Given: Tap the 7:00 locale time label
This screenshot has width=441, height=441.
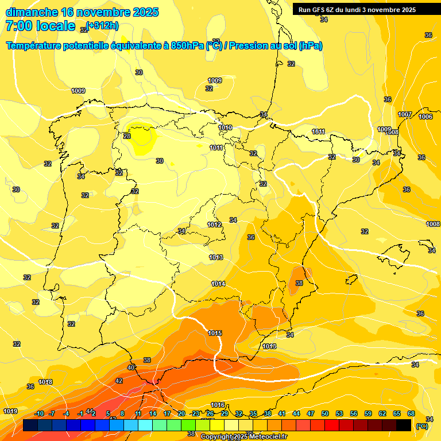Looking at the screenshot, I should [x=40, y=26].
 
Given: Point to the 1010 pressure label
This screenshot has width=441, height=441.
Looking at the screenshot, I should [x=225, y=127].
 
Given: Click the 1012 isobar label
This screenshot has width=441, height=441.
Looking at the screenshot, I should [x=215, y=225].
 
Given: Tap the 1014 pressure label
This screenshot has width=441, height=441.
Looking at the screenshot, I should [x=218, y=284].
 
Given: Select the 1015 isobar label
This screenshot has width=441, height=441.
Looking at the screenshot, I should [x=215, y=333].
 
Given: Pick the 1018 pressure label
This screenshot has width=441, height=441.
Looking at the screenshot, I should [x=45, y=382].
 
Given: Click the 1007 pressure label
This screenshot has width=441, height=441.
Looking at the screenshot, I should [x=405, y=114].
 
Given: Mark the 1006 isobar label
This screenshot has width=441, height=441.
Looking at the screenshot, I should [x=425, y=117].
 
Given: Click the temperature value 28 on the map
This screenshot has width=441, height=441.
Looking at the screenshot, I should [x=127, y=136].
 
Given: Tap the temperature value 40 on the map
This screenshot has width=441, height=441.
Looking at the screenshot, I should [x=131, y=367].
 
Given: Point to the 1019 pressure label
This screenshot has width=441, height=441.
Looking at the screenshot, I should [x=10, y=411].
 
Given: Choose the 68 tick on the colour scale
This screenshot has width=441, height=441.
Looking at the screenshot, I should [x=411, y=413].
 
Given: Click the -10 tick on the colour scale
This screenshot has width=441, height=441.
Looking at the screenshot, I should [x=39, y=413].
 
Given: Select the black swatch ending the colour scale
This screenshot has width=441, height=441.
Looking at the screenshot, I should [x=404, y=425].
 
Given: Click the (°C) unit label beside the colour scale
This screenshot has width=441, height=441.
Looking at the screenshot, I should [x=421, y=425].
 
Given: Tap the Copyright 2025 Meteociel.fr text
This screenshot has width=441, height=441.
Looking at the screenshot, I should [x=243, y=436].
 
